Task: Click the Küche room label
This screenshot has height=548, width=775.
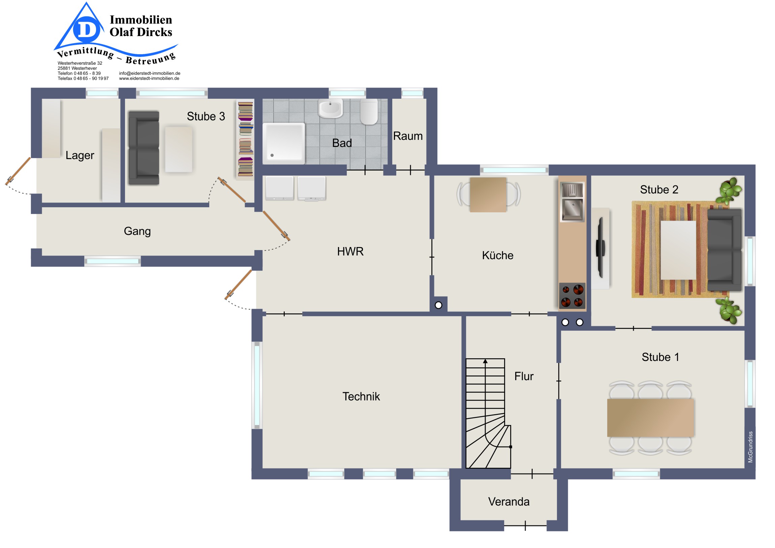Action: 498,255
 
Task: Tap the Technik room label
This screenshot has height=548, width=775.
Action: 361,396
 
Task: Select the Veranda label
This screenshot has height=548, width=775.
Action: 509,502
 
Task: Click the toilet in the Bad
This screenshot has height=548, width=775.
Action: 369,112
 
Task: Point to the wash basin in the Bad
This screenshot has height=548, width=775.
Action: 331,108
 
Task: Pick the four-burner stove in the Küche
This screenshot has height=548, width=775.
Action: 572,296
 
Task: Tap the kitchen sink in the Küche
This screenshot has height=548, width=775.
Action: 572,202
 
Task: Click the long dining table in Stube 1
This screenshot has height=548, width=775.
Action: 650,418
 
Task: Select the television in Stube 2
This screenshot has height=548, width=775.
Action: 600,248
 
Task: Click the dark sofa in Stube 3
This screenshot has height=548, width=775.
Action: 144,148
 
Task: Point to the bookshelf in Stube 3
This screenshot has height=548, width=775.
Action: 245,140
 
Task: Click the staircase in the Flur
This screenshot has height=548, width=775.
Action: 488,413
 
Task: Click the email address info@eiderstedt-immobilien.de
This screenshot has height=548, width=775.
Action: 150,73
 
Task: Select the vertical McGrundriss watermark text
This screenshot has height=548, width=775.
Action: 750,447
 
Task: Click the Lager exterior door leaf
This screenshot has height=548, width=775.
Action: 18,172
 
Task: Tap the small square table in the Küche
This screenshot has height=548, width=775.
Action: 488,195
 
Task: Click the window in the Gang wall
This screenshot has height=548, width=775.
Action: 113,261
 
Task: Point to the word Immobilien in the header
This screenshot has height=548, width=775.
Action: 141,20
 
